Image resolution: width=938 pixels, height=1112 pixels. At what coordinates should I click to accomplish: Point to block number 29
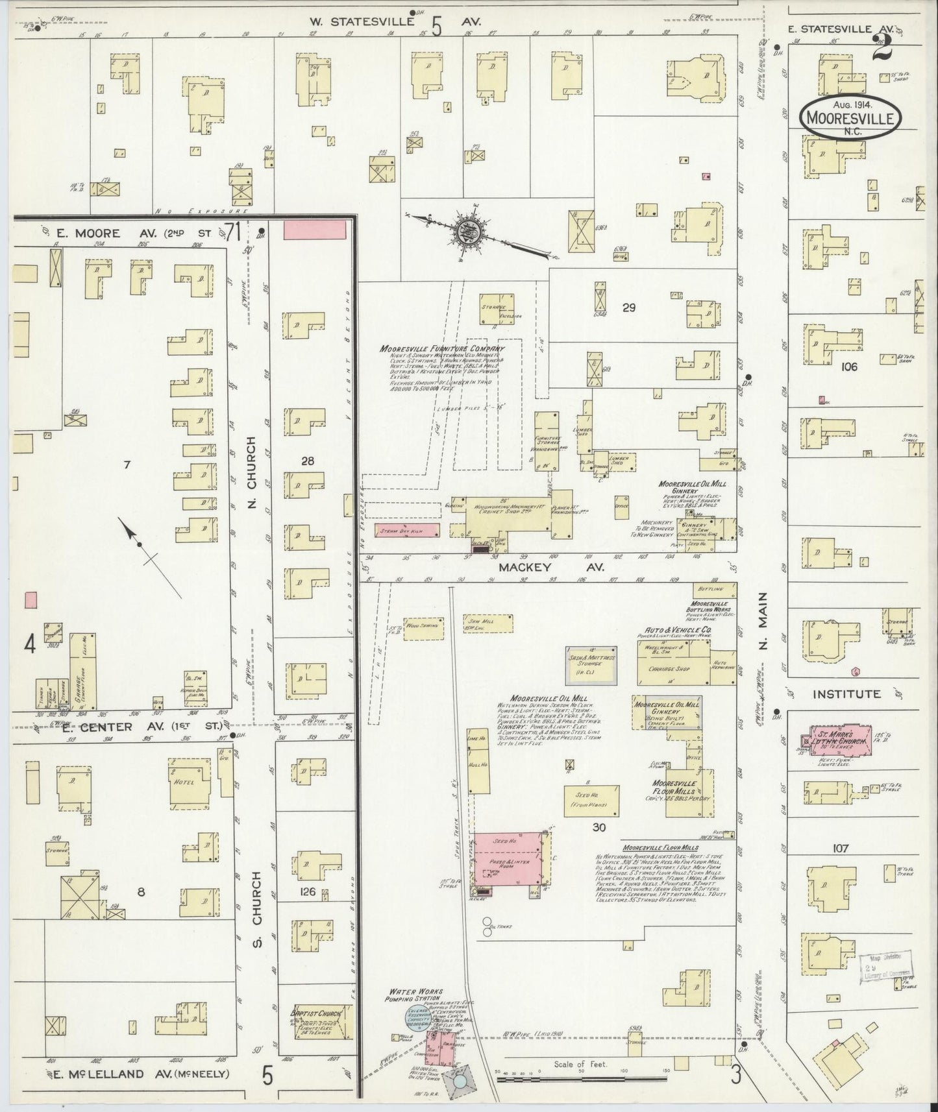coord(628,308)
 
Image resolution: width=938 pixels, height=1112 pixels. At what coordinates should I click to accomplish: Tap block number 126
coord(307,892)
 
